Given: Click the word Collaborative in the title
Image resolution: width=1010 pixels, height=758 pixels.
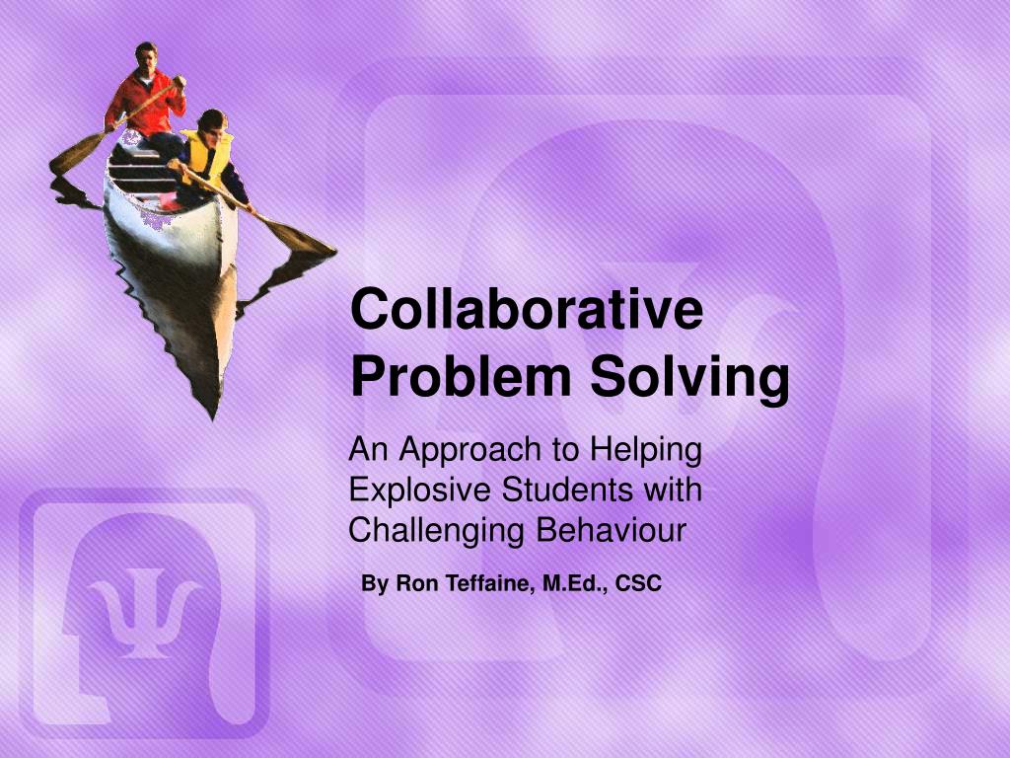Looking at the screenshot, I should tap(527, 309).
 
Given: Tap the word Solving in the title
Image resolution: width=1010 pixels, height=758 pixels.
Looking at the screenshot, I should tap(690, 377).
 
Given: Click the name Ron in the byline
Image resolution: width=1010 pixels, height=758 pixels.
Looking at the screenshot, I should tap(412, 584).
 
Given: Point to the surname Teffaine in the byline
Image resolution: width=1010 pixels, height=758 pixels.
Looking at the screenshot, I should tap(483, 584).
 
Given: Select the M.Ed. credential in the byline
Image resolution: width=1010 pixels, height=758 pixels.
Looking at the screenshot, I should tap(570, 584).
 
